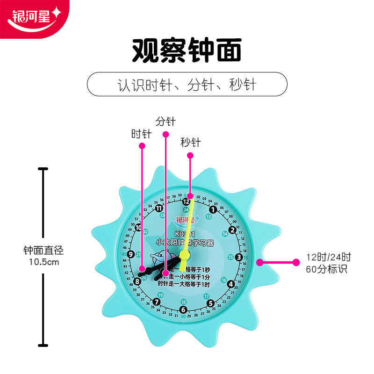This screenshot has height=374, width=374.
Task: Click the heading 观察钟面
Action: [187, 50]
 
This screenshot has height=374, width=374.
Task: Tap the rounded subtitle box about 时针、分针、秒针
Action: [187, 85]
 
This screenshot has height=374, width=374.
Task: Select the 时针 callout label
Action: [141, 134]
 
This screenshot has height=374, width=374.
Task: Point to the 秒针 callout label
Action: [190, 142]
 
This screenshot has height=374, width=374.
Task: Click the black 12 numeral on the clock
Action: [186, 202]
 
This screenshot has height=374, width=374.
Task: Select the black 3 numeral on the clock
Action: [239, 257]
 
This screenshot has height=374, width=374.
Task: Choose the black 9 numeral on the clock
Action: [131, 255]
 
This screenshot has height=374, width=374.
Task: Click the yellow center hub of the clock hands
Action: [185, 255]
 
